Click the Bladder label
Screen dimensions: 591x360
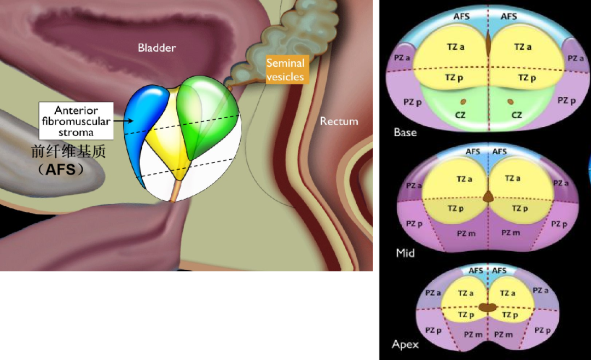pos(157,48)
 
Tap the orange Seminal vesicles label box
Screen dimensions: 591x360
pos(285,69)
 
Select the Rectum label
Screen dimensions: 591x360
pos(339,121)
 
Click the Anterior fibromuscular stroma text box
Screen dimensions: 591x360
pos(76,121)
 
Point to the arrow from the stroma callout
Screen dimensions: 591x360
pos(124,121)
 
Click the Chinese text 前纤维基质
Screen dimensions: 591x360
pos(68,152)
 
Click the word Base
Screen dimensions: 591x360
pos(405,132)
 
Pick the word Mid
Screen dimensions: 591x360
pos(405,253)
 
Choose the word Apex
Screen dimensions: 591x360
pos(405,344)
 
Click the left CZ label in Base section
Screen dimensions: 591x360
pos(460,115)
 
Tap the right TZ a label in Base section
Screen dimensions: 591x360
pos(523,47)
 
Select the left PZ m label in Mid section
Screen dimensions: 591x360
pos(466,234)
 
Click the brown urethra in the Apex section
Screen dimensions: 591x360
pos(488,307)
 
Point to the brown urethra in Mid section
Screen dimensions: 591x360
pos(488,196)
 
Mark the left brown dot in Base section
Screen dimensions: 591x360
pos(463,102)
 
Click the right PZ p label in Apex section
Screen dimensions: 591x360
pos(542,330)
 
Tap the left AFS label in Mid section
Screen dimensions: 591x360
pos(473,152)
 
